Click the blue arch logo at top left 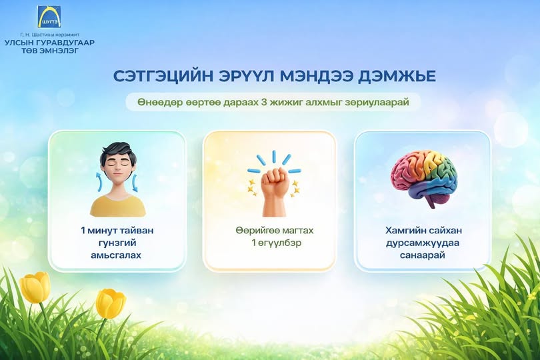(49, 17)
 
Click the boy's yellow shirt (118, 205)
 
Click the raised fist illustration (274, 191)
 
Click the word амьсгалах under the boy (116, 255)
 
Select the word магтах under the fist (297, 230)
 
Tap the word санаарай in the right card (422, 255)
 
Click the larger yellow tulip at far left (35, 287)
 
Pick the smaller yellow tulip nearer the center (110, 303)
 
